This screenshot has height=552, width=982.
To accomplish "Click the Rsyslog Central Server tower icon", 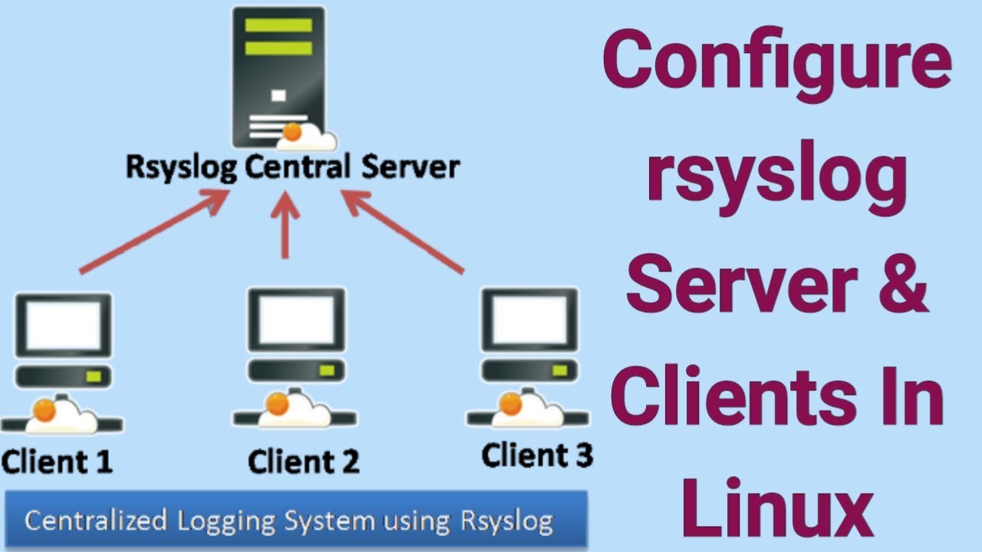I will click(x=278, y=77).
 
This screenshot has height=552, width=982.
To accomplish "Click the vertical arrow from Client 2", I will click(x=285, y=226).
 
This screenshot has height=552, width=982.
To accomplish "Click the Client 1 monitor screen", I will click(x=64, y=324).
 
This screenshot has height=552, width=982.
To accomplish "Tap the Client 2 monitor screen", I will click(x=296, y=321).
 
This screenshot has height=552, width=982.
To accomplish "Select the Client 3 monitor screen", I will click(x=529, y=319).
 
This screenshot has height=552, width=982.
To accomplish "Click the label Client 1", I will click(x=57, y=462).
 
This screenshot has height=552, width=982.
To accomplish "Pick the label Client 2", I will click(x=304, y=462).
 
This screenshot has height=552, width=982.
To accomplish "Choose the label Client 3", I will click(x=537, y=456).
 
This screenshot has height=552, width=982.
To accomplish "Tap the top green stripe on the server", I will click(x=278, y=25).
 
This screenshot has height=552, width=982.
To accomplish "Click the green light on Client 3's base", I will click(x=559, y=370).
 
